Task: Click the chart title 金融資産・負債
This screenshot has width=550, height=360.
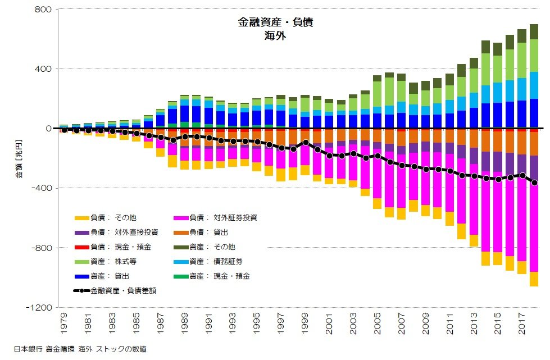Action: coord(275,23)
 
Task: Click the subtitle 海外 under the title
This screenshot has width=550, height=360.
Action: coord(275,37)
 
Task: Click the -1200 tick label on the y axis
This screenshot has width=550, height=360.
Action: coord(39,308)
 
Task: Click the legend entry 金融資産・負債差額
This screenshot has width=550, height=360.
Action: coord(123,291)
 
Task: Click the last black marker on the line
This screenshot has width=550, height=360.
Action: coord(534,183)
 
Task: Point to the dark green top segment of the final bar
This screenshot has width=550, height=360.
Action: coord(534,31)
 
